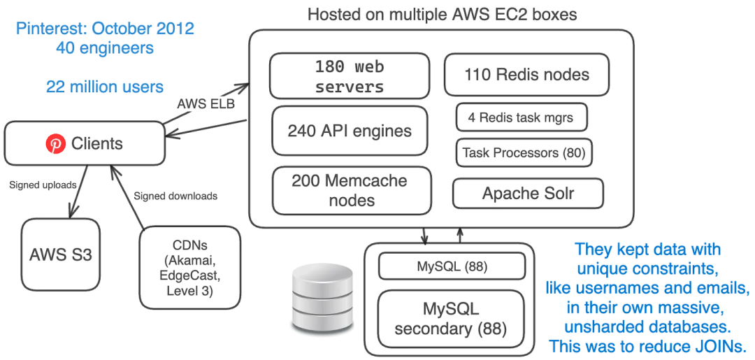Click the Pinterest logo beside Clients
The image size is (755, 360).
coord(55,145)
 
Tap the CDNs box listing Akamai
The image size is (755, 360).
coord(190,268)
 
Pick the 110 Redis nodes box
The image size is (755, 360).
coord(526,75)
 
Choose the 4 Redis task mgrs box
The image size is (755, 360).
coord(521,117)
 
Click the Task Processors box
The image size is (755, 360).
coord(524,152)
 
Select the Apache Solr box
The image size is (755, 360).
coord(528,193)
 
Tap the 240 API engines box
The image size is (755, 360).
coord(349,131)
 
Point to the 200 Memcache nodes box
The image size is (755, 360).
coord(349,190)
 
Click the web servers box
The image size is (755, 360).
coord(349,77)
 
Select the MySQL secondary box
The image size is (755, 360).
coord(450,318)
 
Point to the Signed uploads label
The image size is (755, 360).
coord(38,185)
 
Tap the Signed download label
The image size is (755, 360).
coord(175,196)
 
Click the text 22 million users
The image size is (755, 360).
coord(105,87)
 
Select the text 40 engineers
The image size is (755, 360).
coord(105,49)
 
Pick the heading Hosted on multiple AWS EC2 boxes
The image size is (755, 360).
coord(442,14)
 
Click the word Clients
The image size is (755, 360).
coord(97,145)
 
